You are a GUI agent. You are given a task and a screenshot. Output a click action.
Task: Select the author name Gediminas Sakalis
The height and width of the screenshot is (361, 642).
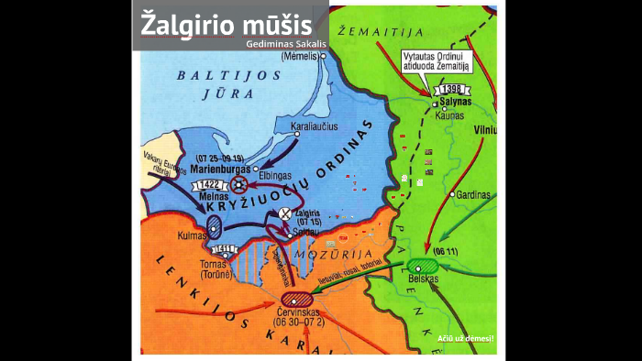click(286, 43)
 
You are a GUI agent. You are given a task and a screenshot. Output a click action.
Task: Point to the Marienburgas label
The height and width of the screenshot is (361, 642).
click(219, 169)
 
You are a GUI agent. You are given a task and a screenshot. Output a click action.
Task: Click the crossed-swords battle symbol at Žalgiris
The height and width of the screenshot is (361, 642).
click(285, 213)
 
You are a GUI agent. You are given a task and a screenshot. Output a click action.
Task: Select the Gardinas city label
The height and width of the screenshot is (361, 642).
click(473, 195)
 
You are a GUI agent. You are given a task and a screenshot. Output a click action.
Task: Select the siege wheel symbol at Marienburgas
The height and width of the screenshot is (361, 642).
click(238, 183)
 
